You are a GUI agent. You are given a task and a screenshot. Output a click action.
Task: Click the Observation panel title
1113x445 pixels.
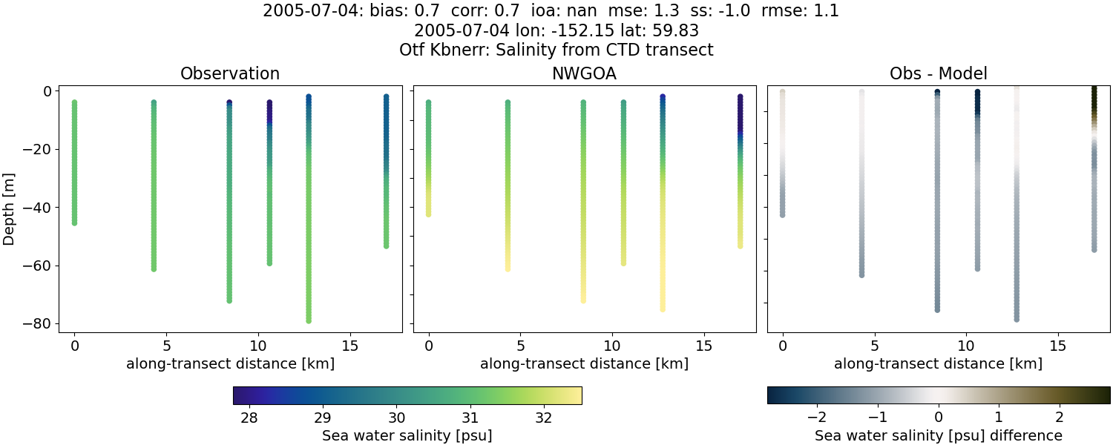[x=230, y=73]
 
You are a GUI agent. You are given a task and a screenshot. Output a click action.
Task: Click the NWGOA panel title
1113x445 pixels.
[x=584, y=73]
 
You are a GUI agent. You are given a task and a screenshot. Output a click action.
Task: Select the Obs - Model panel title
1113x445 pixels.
[x=938, y=73]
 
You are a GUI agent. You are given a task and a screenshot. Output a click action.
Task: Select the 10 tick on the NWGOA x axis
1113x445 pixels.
[x=612, y=346]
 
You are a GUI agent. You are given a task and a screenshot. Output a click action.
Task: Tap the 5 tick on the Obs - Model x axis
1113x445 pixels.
[x=875, y=346]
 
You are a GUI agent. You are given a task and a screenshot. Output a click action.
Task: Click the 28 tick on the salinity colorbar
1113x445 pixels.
[x=249, y=418]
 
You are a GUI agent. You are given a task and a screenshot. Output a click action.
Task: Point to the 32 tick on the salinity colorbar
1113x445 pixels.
[x=543, y=418]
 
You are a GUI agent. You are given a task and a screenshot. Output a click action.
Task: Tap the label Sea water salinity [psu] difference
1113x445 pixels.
[x=938, y=435]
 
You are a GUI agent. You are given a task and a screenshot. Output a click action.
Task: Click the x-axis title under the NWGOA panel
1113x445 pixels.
[x=584, y=363]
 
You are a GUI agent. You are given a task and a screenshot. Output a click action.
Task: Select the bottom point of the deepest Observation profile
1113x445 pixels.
[x=308, y=320]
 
